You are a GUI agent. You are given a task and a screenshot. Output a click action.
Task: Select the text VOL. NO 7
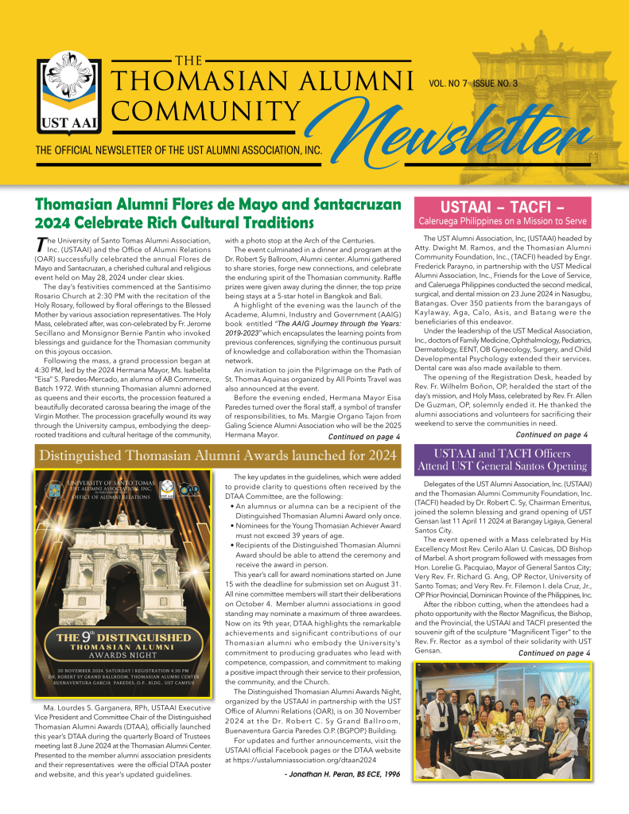(x=448, y=83)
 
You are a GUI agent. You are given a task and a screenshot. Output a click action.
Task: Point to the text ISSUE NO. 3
(x=495, y=83)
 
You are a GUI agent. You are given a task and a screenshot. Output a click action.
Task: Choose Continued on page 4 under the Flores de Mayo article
(x=363, y=436)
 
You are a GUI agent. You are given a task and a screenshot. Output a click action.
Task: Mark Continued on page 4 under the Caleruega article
(x=552, y=434)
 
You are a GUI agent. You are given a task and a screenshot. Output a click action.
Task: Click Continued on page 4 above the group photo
(x=554, y=653)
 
